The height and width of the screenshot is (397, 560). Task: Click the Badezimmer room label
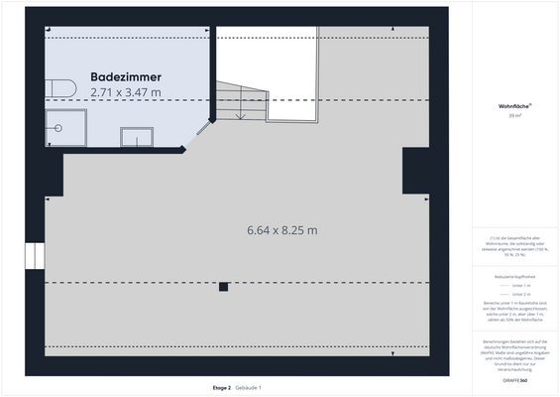pyautogui.click(x=125, y=76)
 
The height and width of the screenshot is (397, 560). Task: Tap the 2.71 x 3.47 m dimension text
pyautogui.click(x=125, y=91)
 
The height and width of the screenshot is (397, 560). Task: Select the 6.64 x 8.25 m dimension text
pyautogui.click(x=282, y=230)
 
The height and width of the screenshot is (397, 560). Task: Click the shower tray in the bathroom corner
pyautogui.click(x=65, y=127)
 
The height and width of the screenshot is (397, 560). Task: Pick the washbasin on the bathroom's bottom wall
pyautogui.click(x=136, y=138)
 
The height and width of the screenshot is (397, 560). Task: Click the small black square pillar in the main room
pyautogui.click(x=224, y=287)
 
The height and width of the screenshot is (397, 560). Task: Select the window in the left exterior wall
pyautogui.click(x=37, y=256)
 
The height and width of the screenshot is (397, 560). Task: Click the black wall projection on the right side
pyautogui.click(x=415, y=171)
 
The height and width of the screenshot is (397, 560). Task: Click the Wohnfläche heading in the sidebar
pyautogui.click(x=513, y=106)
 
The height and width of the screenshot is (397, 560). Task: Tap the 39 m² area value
pyautogui.click(x=513, y=116)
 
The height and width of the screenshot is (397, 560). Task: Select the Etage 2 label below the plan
pyautogui.click(x=221, y=387)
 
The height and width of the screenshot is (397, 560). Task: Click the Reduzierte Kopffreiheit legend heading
pyautogui.click(x=513, y=275)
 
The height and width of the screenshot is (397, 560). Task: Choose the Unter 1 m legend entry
pyautogui.click(x=519, y=286)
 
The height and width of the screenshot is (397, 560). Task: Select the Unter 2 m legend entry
pyautogui.click(x=519, y=295)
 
